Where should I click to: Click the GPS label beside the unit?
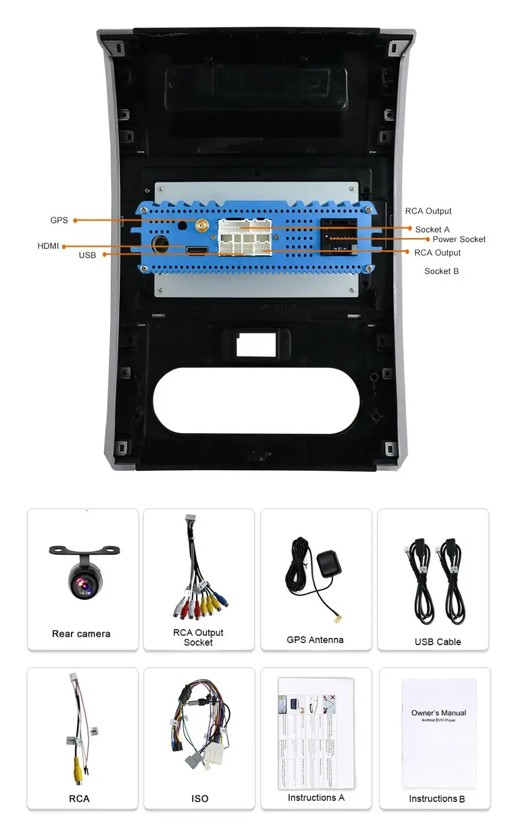coord(59,220)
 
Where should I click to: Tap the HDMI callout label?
coord(48,246)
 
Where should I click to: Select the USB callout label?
coord(87,255)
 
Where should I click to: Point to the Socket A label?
coord(432,229)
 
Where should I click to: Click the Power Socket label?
coord(459,239)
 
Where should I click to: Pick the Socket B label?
coord(441,271)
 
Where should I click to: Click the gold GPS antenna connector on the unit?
coord(201,225)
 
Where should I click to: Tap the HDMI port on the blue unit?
coord(197,251)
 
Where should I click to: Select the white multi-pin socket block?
coord(245,237)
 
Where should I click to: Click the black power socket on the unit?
coord(339,236)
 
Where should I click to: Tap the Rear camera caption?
coord(81,634)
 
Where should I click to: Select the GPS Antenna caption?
coord(315,640)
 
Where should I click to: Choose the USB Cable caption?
coord(437,642)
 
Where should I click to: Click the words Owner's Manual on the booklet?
coord(439,713)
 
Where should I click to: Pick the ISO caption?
coord(200,799)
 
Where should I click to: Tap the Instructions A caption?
coord(316,798)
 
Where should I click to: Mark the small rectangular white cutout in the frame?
coord(256,344)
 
